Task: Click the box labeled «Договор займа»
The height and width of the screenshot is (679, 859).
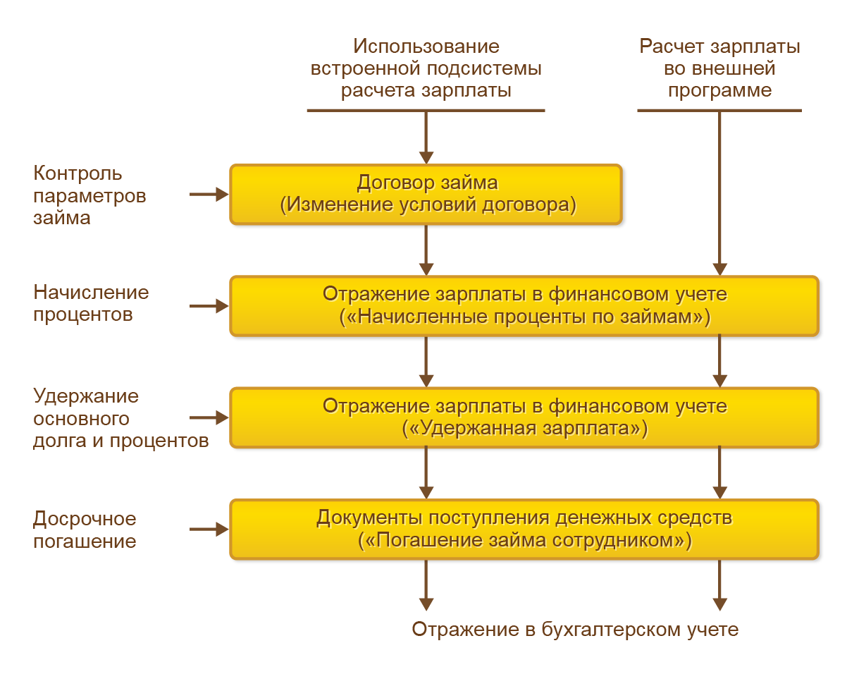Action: pos(426,194)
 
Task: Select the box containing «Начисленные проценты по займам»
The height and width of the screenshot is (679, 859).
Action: pos(524,305)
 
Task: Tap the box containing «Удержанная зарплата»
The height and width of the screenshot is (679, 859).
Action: pos(524,417)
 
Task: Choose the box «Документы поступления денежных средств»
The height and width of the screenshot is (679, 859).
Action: pos(524,529)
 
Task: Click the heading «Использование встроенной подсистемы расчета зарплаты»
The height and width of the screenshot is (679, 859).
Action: pos(426,68)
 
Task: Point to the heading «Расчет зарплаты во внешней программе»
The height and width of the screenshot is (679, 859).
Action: pos(719,68)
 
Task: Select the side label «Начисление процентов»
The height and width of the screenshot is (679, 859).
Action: pos(91,303)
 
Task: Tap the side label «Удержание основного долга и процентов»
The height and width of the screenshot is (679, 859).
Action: pos(120,418)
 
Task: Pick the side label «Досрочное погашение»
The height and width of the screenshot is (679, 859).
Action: pos(85,530)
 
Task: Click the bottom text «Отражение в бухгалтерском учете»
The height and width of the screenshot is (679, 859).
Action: pos(575,630)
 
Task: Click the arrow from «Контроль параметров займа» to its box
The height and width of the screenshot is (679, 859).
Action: pos(209,194)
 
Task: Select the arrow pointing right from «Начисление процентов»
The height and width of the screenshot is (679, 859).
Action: pos(209,306)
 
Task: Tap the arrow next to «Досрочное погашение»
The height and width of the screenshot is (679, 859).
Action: pos(209,529)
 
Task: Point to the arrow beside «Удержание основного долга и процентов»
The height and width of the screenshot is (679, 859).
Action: pos(209,417)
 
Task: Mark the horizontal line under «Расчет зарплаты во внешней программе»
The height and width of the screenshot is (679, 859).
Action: pos(719,111)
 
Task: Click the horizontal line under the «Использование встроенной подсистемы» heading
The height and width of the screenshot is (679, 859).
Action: pos(426,111)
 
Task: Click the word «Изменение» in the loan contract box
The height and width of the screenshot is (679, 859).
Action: pos(333,205)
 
